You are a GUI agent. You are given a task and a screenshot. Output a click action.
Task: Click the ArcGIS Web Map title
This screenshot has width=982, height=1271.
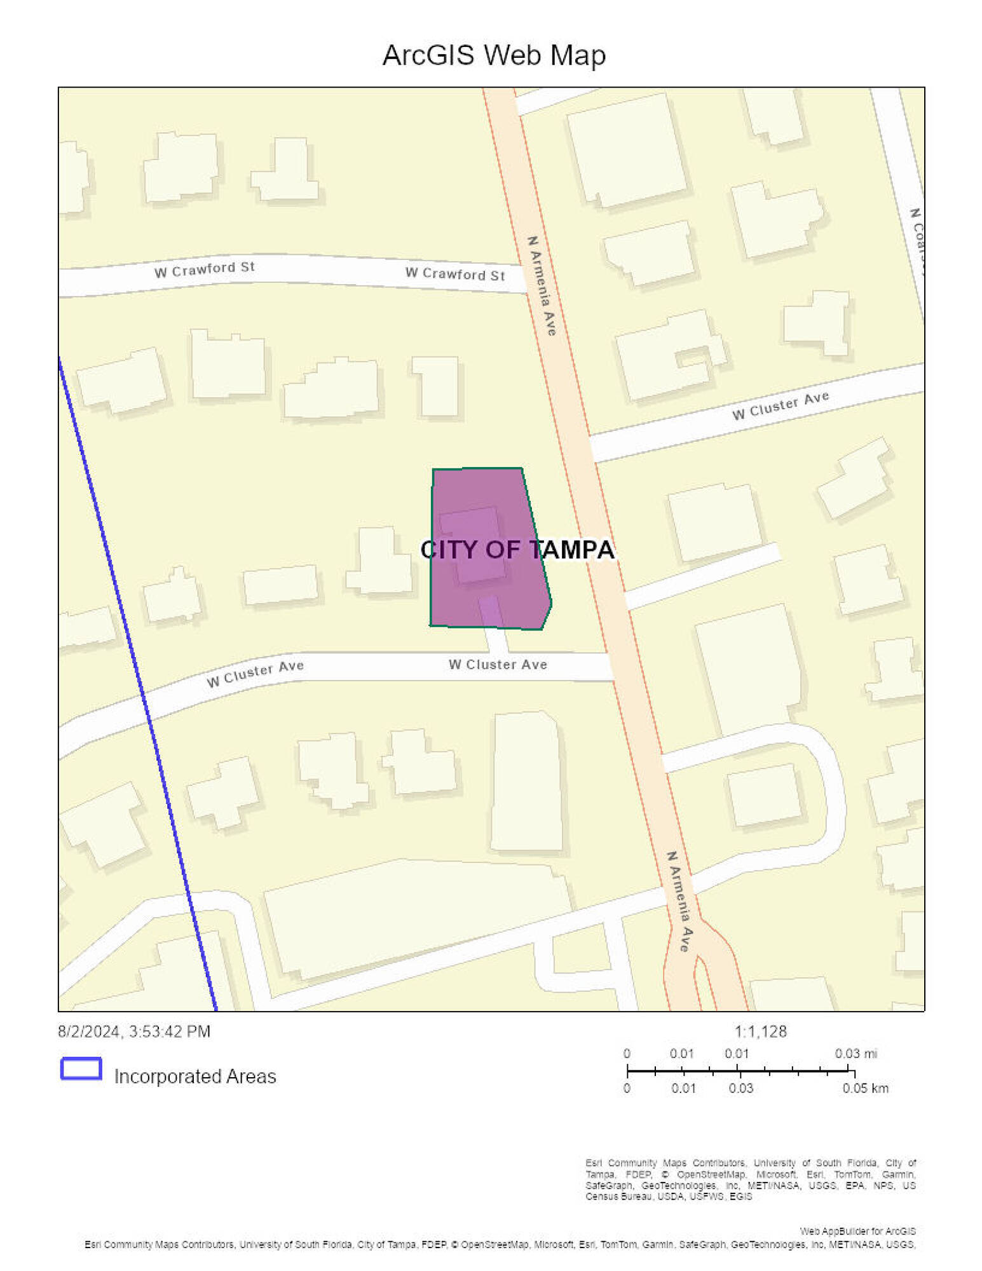(x=493, y=55)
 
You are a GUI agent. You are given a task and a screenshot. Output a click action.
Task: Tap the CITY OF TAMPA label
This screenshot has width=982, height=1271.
(x=517, y=550)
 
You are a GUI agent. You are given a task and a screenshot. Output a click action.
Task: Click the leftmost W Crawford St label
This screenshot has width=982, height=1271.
(x=204, y=269)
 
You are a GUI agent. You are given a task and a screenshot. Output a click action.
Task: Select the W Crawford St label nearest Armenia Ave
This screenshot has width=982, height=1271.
(x=454, y=274)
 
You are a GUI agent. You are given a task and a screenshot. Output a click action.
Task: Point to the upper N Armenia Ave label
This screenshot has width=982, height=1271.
(x=542, y=285)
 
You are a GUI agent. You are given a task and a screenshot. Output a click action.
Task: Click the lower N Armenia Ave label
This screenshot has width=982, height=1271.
(x=679, y=901)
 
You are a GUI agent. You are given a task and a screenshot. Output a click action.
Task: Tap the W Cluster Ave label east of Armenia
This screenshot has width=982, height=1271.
(x=780, y=405)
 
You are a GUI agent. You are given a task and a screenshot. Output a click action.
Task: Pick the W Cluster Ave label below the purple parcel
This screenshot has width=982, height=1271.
(x=497, y=665)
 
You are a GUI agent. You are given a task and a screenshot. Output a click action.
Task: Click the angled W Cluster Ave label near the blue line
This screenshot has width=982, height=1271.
(x=255, y=674)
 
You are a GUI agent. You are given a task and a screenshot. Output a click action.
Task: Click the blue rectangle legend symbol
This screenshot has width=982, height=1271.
(x=81, y=1068)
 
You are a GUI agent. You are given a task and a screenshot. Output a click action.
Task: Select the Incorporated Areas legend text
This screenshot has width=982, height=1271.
(x=194, y=1077)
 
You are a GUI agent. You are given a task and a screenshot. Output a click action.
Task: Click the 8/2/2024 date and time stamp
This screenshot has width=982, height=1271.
(x=134, y=1031)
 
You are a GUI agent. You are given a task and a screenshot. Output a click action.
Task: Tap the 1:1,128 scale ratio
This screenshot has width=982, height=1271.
(x=760, y=1031)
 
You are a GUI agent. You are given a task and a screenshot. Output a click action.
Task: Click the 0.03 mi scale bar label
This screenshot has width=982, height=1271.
(x=856, y=1054)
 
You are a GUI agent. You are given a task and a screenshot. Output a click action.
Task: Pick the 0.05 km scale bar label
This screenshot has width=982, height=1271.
(x=864, y=1088)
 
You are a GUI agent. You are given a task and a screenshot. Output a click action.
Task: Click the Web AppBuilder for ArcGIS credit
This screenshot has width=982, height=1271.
(x=857, y=1231)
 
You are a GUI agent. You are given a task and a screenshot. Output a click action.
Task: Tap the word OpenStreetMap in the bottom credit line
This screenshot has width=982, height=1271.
(x=494, y=1244)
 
